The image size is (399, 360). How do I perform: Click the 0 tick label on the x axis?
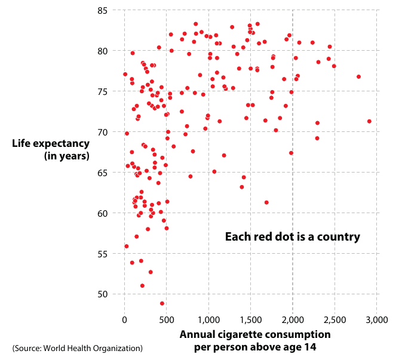[124, 320]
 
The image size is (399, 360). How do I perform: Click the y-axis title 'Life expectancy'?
[51, 144]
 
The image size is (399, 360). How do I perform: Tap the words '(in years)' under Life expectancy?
[66, 156]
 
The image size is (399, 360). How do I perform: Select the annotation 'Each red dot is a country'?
[292, 237]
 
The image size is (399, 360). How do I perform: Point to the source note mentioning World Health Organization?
[78, 348]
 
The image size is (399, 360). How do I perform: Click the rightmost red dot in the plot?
[369, 121]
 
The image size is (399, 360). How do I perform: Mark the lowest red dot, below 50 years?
[162, 303]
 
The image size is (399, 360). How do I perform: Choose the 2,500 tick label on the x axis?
[334, 320]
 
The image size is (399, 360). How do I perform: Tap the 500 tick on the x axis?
[166, 320]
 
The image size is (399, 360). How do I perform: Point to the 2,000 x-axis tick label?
[293, 320]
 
